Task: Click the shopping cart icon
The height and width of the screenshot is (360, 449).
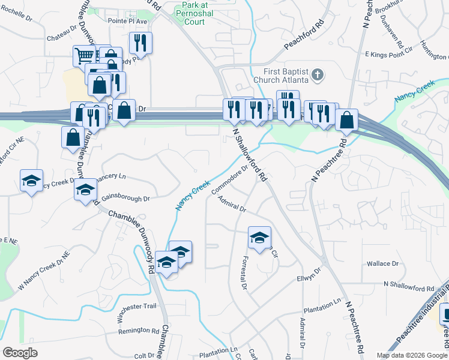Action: (84, 56)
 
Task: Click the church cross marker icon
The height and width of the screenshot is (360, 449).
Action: (318, 75)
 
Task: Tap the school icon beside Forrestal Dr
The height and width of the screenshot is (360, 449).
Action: (260, 237)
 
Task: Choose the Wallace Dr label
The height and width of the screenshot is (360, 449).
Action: (383, 263)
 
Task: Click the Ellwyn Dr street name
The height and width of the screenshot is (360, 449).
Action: (309, 274)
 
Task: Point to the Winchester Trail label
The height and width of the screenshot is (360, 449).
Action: (136, 306)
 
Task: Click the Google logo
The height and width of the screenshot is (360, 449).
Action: (20, 352)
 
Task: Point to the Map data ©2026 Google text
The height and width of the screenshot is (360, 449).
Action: (411, 355)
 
